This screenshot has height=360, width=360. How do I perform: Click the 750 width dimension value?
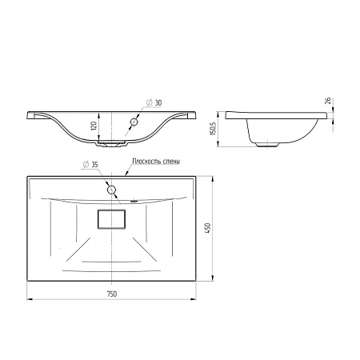[112, 294]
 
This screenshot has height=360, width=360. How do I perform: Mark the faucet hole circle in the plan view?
[111, 190]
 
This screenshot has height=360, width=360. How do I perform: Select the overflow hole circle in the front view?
[134, 122]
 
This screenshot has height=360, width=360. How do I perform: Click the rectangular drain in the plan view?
[112, 219]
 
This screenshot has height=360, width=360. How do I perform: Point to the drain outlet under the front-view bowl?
[111, 145]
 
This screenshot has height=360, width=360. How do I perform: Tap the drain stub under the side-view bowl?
[266, 145]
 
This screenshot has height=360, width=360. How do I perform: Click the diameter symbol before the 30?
[149, 104]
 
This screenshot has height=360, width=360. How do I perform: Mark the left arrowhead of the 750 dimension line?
[30, 299]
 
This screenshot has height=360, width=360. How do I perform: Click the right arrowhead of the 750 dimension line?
[194, 299]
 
